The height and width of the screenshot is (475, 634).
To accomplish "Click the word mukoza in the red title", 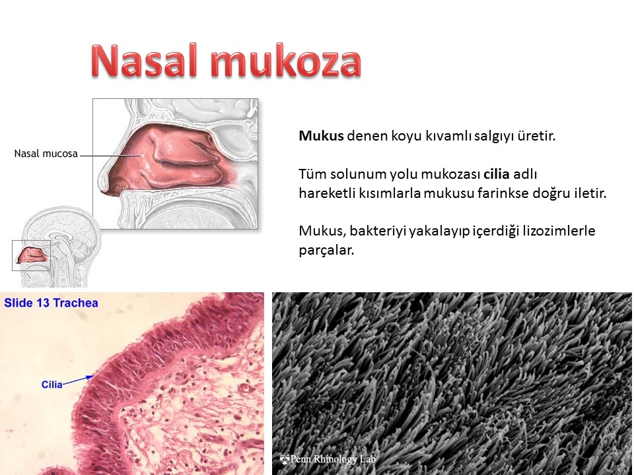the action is [286, 60].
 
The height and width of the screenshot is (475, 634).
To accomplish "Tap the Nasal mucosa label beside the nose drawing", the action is [46, 154].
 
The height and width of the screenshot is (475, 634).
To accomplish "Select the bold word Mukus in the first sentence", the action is [321, 136].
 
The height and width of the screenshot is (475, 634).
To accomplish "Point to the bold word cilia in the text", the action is [496, 174].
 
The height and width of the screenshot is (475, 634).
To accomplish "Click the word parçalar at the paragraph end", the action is [326, 251].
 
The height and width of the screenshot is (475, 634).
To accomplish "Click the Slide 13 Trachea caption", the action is [51, 303].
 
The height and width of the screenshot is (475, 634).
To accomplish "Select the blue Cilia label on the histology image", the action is [52, 384].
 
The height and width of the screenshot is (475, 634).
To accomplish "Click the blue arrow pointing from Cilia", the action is [78, 381].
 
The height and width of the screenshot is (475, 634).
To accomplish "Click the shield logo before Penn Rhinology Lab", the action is [285, 459].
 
